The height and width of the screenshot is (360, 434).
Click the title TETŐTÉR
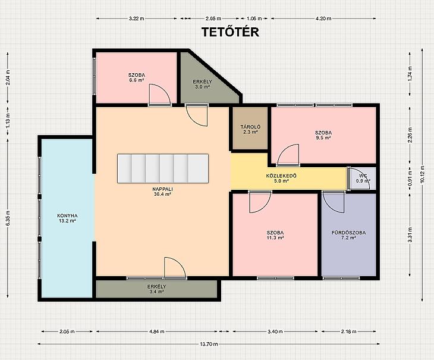[x=230, y=32]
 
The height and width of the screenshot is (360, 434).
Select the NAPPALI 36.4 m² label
[x=163, y=192]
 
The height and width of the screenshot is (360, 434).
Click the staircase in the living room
[x=163, y=168]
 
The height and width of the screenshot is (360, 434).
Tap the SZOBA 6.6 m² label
[x=137, y=77]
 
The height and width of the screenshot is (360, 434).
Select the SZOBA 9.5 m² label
[x=323, y=135]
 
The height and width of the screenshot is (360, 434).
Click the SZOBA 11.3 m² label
[x=275, y=235]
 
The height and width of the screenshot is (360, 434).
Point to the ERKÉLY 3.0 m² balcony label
[x=202, y=84]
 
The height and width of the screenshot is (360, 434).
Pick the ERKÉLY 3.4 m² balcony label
[x=157, y=289]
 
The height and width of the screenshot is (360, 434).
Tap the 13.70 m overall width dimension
[x=209, y=344]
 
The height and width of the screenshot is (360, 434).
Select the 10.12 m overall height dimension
[x=422, y=175]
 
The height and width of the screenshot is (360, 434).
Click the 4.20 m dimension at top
[x=323, y=18]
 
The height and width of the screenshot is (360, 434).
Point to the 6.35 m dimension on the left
[x=8, y=218]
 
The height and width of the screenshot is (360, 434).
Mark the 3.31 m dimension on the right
[x=410, y=235]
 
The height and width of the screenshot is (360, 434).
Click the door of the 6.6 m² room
[x=160, y=95]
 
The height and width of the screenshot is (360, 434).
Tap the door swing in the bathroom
[x=334, y=202]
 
